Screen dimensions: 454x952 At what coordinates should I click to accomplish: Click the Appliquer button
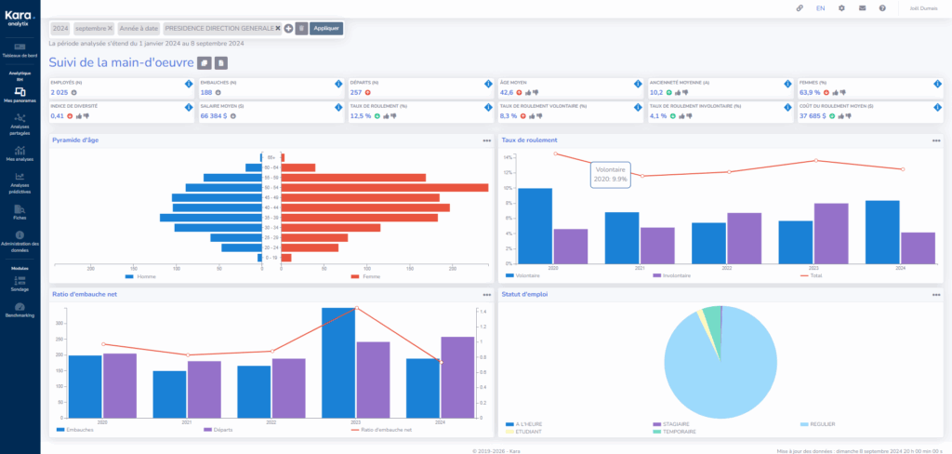[x=326, y=29]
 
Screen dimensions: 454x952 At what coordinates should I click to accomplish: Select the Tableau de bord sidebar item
[x=20, y=51]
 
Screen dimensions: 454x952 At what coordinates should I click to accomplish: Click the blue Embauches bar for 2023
[x=338, y=363]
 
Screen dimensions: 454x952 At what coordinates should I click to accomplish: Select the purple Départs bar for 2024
[x=456, y=377]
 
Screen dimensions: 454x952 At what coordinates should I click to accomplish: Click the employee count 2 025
[x=59, y=92]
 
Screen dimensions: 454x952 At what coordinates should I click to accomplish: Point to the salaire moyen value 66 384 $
[x=218, y=116]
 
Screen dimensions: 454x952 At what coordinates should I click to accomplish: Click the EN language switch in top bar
[x=820, y=8]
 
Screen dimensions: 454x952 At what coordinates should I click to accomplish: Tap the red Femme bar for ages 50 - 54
[x=385, y=187]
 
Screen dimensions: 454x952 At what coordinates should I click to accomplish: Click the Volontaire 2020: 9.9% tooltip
[x=610, y=175]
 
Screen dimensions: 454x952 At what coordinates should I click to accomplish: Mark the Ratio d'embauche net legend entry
[x=386, y=430]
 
